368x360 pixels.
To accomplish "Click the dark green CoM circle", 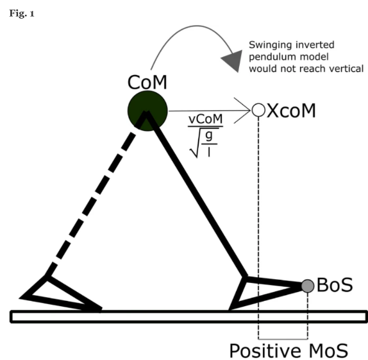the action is click(x=147, y=111).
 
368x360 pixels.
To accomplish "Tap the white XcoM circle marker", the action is click(x=258, y=110).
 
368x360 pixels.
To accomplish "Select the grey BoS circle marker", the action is click(x=308, y=286).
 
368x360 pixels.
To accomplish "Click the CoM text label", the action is click(x=147, y=82).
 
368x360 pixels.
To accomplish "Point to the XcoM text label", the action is click(x=291, y=110).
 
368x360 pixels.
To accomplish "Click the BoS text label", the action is click(x=335, y=285).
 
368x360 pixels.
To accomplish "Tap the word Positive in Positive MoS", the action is click(x=265, y=351).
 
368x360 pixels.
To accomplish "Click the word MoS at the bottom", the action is click(x=328, y=351).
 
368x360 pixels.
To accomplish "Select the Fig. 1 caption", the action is click(x=22, y=13).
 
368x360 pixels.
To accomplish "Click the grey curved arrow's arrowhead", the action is click(x=234, y=60).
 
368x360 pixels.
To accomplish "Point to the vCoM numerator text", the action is click(x=206, y=119).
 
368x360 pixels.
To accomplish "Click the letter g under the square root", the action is click(x=208, y=135).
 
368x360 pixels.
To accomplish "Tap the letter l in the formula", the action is click(x=209, y=152).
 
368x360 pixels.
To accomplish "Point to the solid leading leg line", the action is click(x=197, y=194).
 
